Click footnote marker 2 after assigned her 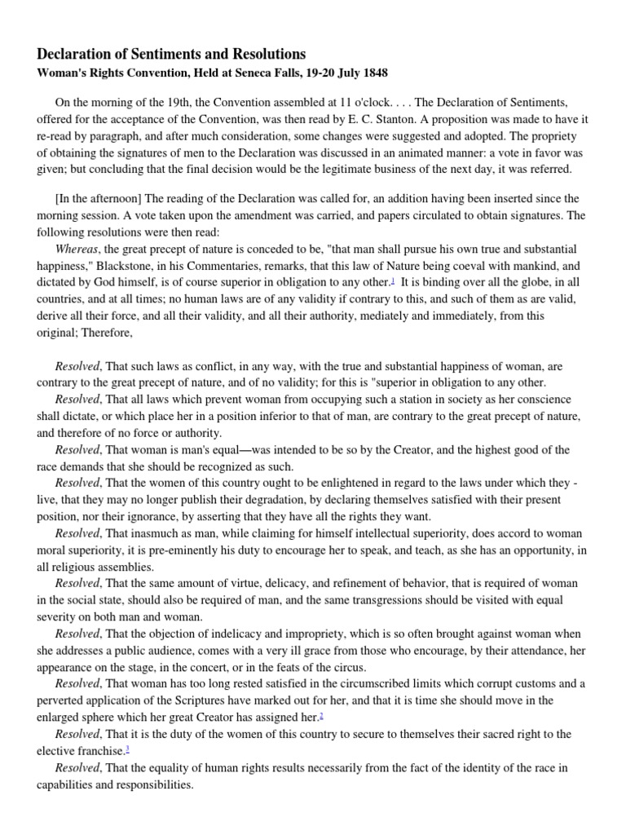pyautogui.click(x=322, y=716)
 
